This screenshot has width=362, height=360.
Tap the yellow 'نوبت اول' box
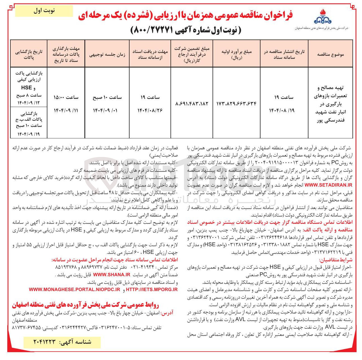(x=44, y=11)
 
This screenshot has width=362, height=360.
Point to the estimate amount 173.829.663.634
(x=236, y=104)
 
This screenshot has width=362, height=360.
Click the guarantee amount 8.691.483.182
(x=192, y=104)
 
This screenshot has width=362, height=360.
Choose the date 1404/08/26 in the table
(x=150, y=110)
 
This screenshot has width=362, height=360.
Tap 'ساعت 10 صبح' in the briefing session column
(x=107, y=97)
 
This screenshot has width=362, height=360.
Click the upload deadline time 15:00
(x=66, y=97)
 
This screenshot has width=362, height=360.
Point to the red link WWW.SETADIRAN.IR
(x=328, y=185)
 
